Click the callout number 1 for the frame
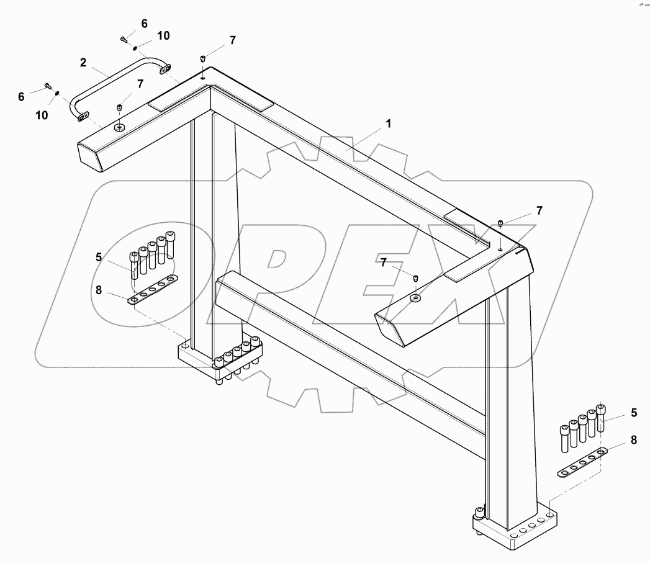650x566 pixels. [x=389, y=124]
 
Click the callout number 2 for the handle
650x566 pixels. [x=83, y=63]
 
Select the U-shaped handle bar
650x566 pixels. [x=118, y=81]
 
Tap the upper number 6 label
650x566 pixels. [x=144, y=24]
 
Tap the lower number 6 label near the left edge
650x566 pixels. [x=21, y=96]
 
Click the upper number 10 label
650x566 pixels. [x=163, y=36]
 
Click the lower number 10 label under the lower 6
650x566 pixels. [x=41, y=115]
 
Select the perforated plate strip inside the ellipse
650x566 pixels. [x=153, y=290]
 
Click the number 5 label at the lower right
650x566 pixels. [x=634, y=412]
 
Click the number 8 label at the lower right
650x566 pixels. [x=634, y=439]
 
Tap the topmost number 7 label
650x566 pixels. [x=232, y=40]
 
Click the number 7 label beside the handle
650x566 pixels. [x=140, y=83]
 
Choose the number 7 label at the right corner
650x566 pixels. [x=539, y=210]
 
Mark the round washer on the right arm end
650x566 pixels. [x=415, y=299]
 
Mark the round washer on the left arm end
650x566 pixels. [x=119, y=128]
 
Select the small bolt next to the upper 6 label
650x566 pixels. [x=124, y=39]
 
